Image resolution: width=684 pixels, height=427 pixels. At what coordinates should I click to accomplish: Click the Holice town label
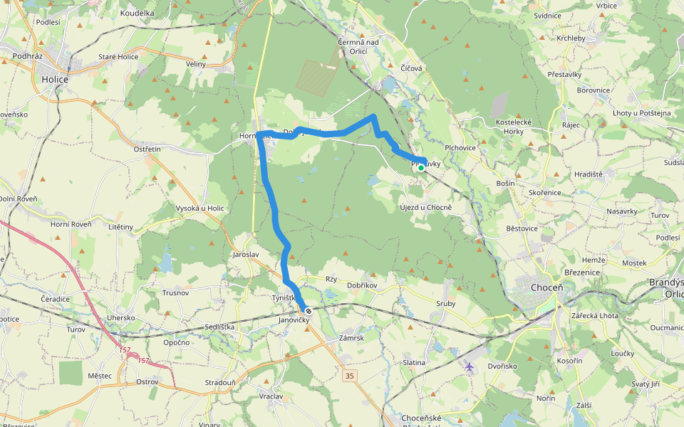55,79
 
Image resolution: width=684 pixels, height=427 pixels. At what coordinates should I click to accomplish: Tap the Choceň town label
547,287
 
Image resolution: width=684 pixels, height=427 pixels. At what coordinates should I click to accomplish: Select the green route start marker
421,168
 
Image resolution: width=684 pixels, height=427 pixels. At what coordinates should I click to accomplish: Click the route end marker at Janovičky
309,311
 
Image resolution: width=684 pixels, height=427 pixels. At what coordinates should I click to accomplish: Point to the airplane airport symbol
469,367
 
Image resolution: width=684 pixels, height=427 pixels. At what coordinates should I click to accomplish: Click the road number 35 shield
348,375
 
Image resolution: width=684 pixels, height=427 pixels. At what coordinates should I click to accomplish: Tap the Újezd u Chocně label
426,207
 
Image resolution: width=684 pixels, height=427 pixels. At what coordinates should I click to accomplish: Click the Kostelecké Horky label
509,127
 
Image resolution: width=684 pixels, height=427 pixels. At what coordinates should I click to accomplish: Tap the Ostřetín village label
147,149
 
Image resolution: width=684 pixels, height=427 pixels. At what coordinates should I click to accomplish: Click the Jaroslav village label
245,254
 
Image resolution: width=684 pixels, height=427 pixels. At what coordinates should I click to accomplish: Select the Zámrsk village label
352,338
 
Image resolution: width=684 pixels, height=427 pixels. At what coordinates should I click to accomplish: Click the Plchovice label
460,148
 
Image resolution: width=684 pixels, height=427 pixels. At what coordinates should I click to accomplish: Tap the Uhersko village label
121,317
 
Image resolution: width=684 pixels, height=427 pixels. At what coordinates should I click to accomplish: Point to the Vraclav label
271,396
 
